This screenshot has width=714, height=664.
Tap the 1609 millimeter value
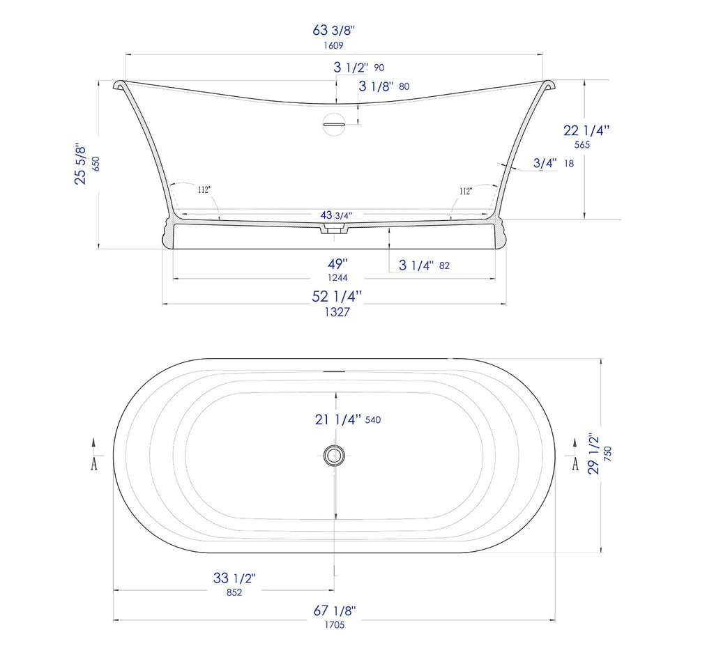point(334,45)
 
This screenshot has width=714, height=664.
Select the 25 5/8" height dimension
point(82,165)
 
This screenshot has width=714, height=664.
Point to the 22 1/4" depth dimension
point(586,130)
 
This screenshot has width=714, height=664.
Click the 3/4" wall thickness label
point(545,163)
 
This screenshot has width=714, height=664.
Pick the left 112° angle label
point(204,190)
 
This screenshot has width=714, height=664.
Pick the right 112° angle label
point(465,190)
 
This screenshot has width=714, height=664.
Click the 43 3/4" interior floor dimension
point(336,215)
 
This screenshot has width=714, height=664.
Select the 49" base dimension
point(337,264)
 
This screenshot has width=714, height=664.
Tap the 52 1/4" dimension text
point(337,296)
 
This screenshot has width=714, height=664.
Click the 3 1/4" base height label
point(417,265)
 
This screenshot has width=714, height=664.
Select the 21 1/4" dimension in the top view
point(337,419)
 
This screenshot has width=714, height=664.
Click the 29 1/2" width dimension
point(593,454)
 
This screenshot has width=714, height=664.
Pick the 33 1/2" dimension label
point(234,578)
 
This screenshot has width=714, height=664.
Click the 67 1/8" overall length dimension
point(335,610)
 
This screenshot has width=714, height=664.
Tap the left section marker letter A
point(94,464)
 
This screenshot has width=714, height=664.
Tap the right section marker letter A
point(575,464)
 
